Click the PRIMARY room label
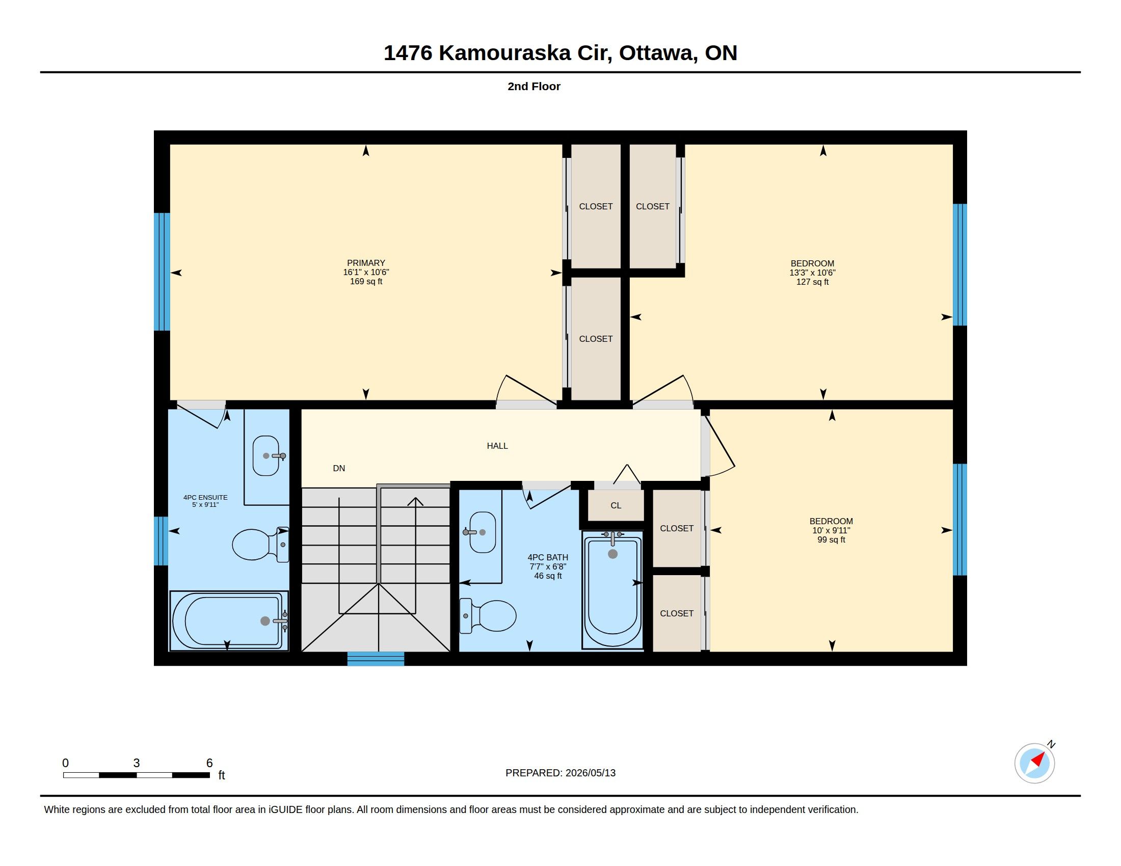click(366, 263)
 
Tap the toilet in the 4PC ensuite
click(260, 544)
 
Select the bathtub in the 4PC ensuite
click(229, 621)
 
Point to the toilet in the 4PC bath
click(488, 616)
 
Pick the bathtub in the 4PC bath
click(612, 590)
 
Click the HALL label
click(497, 446)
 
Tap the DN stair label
click(339, 468)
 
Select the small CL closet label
click(616, 505)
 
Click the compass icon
click(1035, 763)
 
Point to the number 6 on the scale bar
click(209, 763)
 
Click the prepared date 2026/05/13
click(590, 773)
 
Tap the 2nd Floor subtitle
click(534, 86)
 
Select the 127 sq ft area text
click(813, 282)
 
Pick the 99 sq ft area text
click(832, 539)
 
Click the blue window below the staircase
click(376, 659)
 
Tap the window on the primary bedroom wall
click(162, 272)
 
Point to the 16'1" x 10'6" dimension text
click(366, 273)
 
